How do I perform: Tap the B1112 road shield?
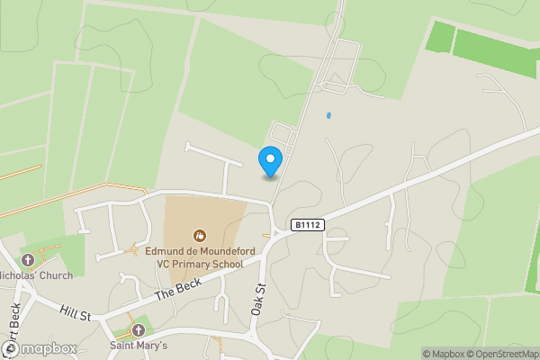tap(307, 225)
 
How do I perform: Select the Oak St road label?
tap(260, 296)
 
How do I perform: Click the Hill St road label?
tap(77, 311)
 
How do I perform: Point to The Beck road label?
tap(175, 289)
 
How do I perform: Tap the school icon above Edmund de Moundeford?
tap(197, 235)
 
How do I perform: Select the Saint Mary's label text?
tap(138, 345)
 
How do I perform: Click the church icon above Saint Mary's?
tap(138, 329)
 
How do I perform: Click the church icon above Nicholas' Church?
tap(28, 259)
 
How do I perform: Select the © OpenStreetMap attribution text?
tap(504, 354)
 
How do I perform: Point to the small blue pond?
tap(328, 115)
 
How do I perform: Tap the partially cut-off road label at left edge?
tap(12, 324)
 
